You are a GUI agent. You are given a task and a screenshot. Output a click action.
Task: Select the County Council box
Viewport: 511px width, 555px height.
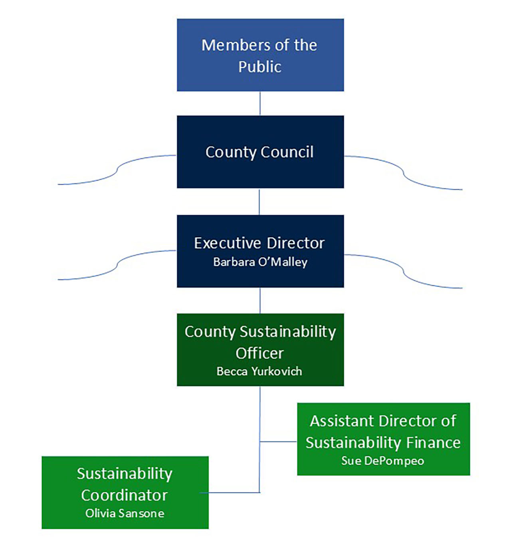click(260, 152)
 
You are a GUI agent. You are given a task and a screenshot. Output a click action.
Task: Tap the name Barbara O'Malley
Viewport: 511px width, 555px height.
click(260, 262)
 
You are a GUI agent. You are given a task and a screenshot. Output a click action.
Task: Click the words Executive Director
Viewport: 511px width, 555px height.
click(259, 243)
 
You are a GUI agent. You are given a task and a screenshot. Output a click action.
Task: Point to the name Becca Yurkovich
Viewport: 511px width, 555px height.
click(259, 371)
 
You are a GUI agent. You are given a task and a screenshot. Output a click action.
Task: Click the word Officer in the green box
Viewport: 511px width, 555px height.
click(259, 353)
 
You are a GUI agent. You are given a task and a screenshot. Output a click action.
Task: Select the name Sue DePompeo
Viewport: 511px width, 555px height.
click(382, 461)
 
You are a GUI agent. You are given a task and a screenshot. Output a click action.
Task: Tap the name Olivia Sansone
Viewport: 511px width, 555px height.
click(125, 513)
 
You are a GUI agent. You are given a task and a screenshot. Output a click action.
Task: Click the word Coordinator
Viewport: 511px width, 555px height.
click(125, 496)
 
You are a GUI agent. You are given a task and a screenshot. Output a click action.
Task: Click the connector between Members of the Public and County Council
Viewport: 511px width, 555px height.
click(260, 103)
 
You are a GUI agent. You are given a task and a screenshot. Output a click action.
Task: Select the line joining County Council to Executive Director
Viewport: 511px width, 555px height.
click(259, 202)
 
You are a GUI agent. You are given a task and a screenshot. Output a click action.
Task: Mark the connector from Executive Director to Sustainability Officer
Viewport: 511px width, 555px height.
click(260, 300)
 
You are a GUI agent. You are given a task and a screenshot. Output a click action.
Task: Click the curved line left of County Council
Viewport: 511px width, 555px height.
click(116, 170)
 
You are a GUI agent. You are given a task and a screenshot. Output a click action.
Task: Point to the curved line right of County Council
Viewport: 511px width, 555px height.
click(403, 172)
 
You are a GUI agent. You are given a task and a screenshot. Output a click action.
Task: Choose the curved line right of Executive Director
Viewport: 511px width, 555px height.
click(403, 271)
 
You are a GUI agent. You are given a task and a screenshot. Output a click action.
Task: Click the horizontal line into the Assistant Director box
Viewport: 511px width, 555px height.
click(279, 442)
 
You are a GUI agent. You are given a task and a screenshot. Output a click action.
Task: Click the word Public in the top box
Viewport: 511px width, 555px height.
click(260, 67)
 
